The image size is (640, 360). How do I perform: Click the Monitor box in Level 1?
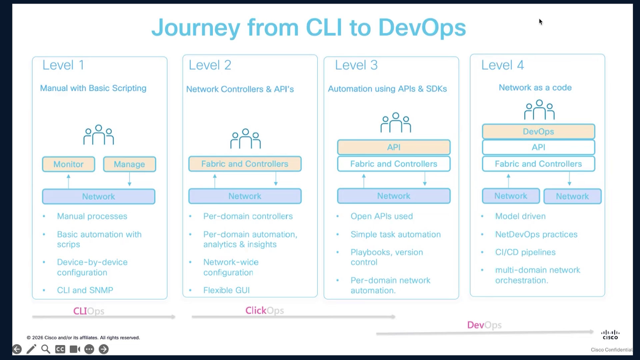[x=68, y=164]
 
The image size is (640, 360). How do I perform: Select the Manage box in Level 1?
[x=129, y=164]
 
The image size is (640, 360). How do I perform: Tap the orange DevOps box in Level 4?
[x=538, y=131]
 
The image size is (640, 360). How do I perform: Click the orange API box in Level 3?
[x=394, y=147]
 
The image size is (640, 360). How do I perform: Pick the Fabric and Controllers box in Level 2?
[x=245, y=164]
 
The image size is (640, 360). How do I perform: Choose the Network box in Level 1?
[x=98, y=196]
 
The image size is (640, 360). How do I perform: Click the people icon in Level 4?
[x=539, y=110]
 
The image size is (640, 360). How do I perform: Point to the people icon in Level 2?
[x=246, y=139]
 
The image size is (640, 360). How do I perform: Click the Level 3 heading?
[x=356, y=65]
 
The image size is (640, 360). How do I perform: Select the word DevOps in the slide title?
[x=422, y=27]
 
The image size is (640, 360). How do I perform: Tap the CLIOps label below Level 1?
[x=89, y=311]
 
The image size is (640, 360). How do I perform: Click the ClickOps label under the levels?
[x=265, y=310]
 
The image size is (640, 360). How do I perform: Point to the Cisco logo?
[x=610, y=335]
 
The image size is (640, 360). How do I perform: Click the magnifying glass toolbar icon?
[x=46, y=349]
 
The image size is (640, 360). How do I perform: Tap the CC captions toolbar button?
[x=60, y=349]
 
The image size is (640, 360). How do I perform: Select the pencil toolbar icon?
[x=31, y=349]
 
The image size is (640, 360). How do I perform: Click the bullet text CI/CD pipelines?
[x=525, y=252]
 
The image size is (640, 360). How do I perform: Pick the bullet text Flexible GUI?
[x=226, y=290]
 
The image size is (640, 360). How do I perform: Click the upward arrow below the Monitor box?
[x=68, y=181]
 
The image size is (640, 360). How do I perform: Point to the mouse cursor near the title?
[x=540, y=22]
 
